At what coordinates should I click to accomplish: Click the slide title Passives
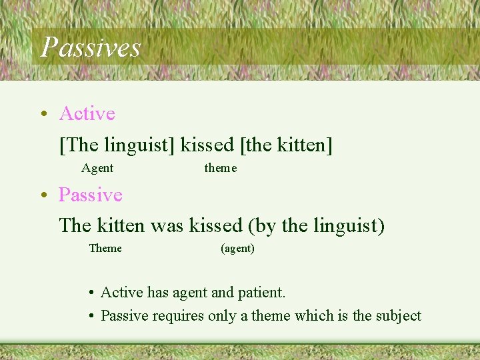tap(91, 47)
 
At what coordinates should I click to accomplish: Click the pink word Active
tap(87, 113)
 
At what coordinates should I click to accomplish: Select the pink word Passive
tap(90, 195)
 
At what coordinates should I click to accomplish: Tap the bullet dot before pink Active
tap(43, 114)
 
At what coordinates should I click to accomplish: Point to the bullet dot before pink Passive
tap(43, 195)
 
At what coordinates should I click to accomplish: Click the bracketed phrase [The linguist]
tap(117, 144)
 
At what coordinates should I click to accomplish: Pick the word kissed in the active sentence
tap(207, 144)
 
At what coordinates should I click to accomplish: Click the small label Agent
tap(97, 168)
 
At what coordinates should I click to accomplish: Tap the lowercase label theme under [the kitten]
tap(220, 168)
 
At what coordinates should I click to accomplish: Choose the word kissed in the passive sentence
tap(215, 225)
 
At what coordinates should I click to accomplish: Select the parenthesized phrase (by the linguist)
tap(316, 225)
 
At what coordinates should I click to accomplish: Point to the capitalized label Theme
tap(105, 249)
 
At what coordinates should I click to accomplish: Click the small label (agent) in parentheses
tap(237, 249)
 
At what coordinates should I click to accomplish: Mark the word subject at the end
tap(398, 315)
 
